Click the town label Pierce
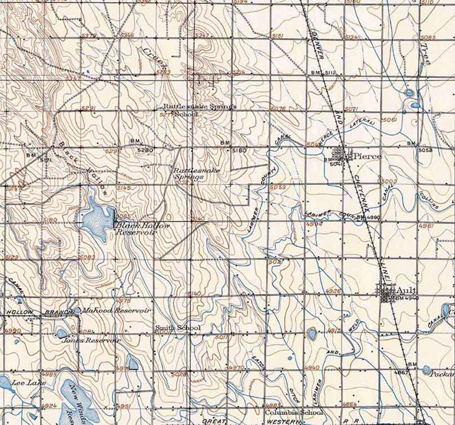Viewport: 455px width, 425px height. tap(368, 156)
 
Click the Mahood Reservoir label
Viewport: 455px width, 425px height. tap(116, 310)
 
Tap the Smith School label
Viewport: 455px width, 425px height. tap(178, 328)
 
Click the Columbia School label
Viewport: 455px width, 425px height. tap(293, 412)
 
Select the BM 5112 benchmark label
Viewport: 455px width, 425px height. tap(323, 73)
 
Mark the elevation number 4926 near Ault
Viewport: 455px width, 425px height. tap(334, 292)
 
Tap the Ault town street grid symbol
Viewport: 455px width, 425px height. tap(387, 292)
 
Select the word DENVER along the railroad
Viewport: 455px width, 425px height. tap(318, 46)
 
